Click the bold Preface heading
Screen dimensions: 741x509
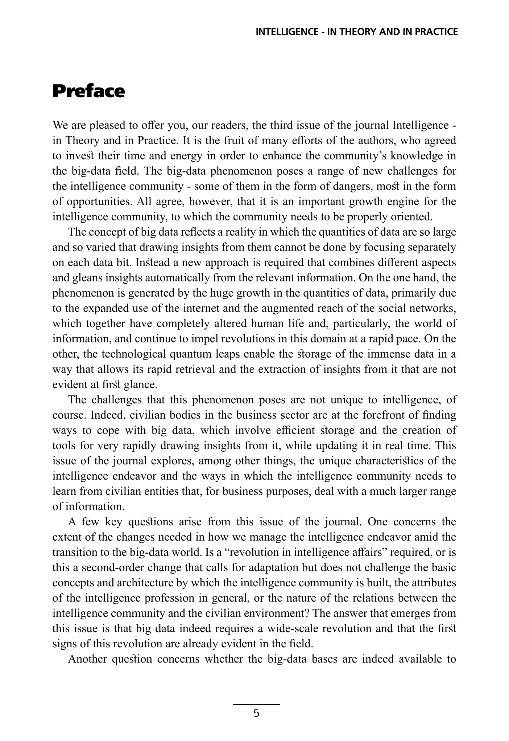click(x=89, y=91)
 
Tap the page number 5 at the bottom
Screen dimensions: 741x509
click(x=256, y=714)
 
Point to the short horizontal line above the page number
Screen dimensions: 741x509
click(x=256, y=704)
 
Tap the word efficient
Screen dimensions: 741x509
click(x=294, y=430)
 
